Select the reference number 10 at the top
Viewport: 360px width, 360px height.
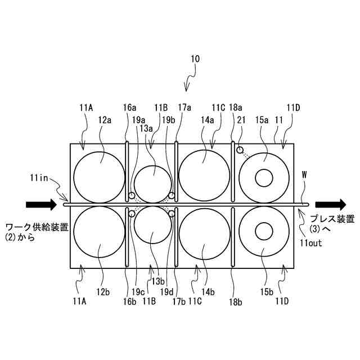click(195, 58)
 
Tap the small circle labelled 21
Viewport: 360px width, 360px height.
click(240, 150)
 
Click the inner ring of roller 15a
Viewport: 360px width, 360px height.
click(264, 178)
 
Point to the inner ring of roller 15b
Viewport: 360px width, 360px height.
click(264, 231)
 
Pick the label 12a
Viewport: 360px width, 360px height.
click(104, 119)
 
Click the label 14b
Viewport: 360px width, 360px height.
click(209, 291)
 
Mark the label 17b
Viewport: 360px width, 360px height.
click(179, 301)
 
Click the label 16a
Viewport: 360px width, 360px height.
click(129, 107)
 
